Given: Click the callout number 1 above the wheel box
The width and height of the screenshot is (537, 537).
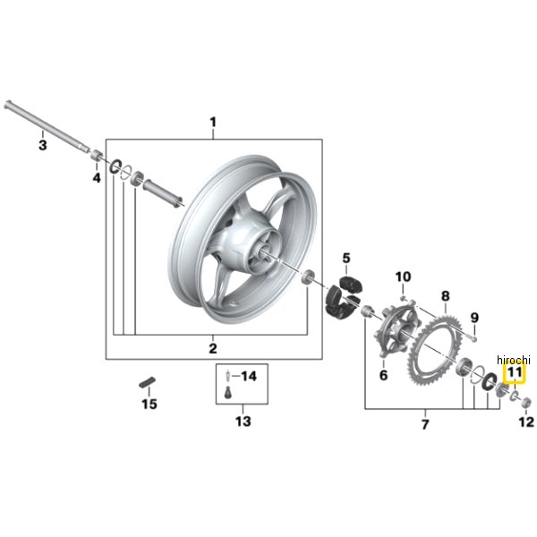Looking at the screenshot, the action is [213, 123].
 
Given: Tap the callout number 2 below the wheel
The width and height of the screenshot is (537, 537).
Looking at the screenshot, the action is [213, 349].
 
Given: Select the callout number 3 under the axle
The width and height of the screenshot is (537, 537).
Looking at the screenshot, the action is [42, 145].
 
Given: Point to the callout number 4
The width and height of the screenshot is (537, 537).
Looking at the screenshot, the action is [97, 178].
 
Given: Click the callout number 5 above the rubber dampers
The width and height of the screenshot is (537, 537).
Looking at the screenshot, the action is [346, 258].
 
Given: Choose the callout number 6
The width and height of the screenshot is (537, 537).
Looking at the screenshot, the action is [383, 375].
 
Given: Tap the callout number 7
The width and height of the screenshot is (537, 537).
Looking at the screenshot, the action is [424, 424].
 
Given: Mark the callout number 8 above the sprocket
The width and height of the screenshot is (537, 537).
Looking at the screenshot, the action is [445, 296].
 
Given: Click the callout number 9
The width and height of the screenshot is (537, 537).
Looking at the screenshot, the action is [474, 318].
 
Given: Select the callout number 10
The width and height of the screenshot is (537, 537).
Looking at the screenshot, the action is [403, 277].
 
